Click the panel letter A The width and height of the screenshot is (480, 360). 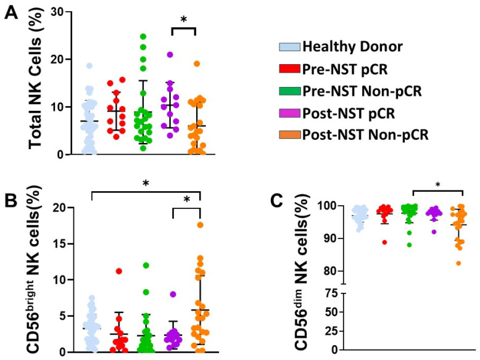[x=11, y=14]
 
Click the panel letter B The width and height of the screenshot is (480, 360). [x=10, y=201]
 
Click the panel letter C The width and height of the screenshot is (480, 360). [x=277, y=201]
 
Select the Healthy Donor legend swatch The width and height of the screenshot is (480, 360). [x=289, y=47]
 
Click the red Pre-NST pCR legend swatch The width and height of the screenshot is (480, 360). [x=289, y=69]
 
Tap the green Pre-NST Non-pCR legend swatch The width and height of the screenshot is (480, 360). [x=289, y=91]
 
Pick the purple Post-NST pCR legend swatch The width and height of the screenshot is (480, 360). [x=289, y=113]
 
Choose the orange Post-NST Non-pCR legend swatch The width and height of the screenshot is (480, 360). [x=289, y=134]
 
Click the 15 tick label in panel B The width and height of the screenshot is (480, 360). [x=61, y=243]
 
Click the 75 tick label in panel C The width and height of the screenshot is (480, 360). [x=331, y=294]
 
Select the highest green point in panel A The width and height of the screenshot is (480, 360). [x=143, y=36]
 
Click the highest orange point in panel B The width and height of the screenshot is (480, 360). [x=200, y=225]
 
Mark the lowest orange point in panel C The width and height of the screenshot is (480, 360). [x=458, y=263]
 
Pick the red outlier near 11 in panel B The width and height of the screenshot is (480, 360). [x=119, y=271]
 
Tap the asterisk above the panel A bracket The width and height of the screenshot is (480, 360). [x=184, y=20]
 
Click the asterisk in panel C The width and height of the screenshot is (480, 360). [x=438, y=185]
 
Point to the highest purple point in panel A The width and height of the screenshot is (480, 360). [x=170, y=55]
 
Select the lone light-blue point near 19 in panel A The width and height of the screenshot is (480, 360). [x=89, y=65]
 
